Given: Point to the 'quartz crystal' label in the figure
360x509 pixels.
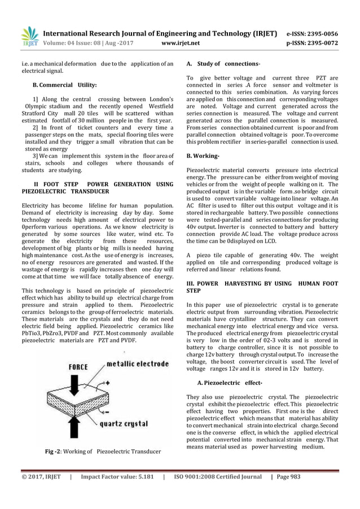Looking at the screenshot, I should [130, 424].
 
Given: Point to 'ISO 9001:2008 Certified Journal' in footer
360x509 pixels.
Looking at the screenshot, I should [216, 477].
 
